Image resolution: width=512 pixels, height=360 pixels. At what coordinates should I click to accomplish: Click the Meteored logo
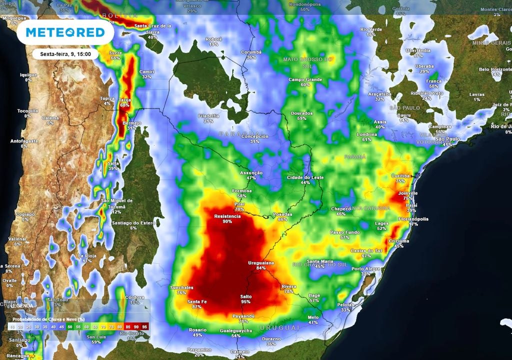click(x=65, y=32)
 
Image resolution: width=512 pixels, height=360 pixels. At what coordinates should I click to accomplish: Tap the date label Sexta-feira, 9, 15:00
click(x=65, y=54)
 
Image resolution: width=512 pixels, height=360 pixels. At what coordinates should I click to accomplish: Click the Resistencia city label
click(x=227, y=216)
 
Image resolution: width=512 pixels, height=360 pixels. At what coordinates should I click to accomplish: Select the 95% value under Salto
click(x=245, y=301)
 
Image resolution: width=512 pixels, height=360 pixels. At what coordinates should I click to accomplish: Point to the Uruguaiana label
click(x=261, y=262)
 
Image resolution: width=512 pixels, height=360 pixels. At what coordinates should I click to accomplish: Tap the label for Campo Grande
click(x=305, y=79)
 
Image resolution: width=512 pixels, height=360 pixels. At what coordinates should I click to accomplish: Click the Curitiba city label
click(x=400, y=175)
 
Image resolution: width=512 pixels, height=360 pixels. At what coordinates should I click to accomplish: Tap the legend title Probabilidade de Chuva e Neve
click(x=47, y=318)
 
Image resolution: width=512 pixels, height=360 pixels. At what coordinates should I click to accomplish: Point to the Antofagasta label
click(x=24, y=141)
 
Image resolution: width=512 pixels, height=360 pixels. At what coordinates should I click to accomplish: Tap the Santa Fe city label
click(x=197, y=301)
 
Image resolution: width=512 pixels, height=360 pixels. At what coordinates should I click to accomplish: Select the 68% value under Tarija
click(x=124, y=105)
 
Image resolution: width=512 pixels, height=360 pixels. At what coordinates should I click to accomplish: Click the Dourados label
click(x=301, y=113)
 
